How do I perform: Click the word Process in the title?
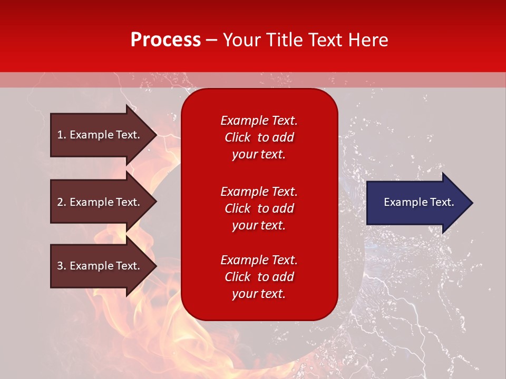click(166, 39)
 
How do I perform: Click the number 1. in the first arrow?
click(62, 135)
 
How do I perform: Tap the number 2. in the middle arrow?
click(62, 202)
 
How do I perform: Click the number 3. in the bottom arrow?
click(62, 266)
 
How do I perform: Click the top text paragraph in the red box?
click(259, 137)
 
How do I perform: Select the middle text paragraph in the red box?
click(259, 208)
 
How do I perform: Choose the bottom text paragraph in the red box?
click(259, 277)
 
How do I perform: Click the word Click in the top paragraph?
click(237, 137)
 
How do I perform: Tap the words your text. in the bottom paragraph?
click(259, 294)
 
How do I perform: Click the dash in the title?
click(211, 40)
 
